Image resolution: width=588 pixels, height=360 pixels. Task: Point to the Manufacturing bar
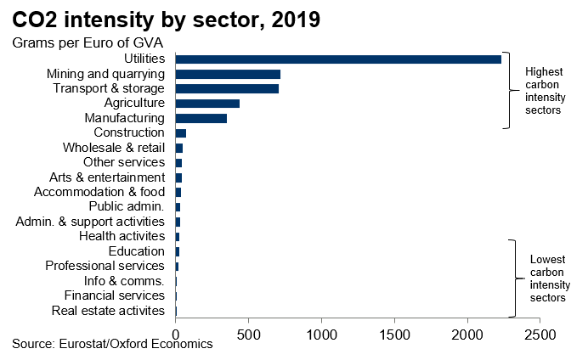point(201,118)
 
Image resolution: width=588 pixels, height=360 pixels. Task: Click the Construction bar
point(180,133)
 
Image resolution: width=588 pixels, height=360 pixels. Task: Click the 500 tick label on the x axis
point(248,335)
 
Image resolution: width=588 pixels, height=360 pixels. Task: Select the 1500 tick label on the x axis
point(394,335)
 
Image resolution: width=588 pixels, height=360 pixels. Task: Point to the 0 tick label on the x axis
point(175,335)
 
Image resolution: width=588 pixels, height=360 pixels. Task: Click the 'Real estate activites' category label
point(108,311)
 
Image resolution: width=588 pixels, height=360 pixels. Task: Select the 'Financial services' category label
point(114,295)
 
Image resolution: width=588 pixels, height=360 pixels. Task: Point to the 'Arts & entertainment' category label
point(107,177)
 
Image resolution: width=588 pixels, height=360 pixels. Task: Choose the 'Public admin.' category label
point(126,207)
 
